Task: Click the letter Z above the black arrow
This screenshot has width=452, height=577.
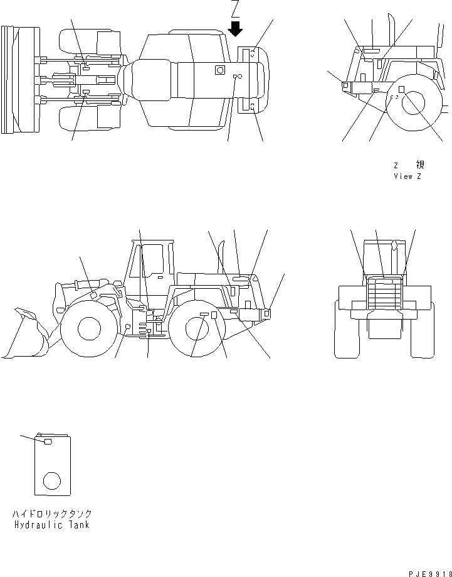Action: click(236, 9)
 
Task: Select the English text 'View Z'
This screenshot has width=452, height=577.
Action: click(407, 176)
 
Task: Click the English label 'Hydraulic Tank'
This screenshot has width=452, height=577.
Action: click(51, 525)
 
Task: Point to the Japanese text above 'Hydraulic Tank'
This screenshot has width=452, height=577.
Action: click(51, 514)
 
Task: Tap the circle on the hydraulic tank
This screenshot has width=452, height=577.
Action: click(51, 482)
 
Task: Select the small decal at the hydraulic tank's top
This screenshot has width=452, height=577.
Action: click(47, 442)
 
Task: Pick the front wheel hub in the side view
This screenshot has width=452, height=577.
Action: click(89, 328)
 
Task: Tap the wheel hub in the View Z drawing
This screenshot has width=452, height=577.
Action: click(414, 104)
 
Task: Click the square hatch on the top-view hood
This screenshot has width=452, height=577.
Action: click(219, 70)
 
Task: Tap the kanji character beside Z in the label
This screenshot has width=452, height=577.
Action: click(419, 165)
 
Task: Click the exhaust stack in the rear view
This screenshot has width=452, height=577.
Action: click(394, 257)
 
